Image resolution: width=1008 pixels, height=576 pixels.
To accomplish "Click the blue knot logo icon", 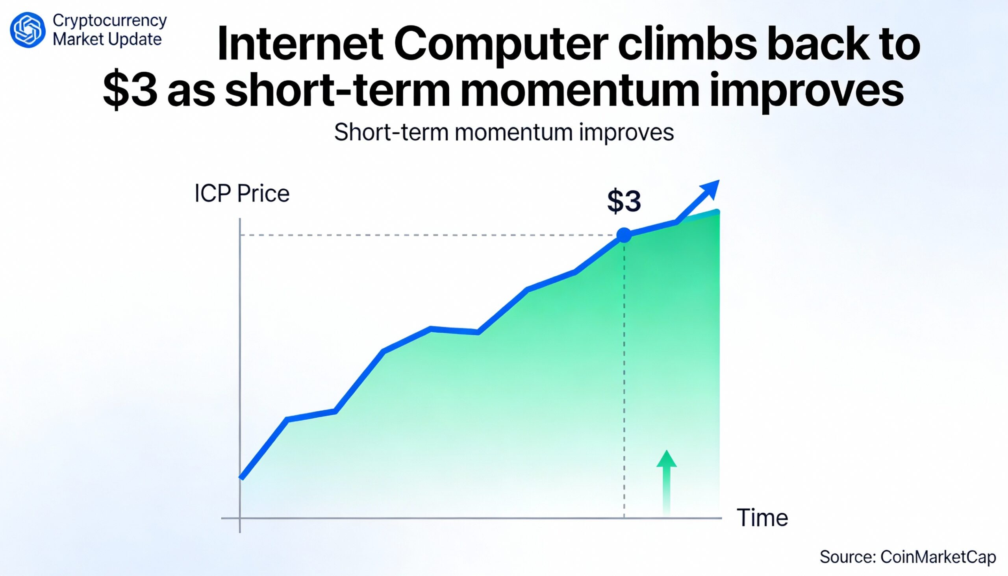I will [28, 30].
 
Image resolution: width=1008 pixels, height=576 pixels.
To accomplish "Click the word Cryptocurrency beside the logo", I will [109, 20].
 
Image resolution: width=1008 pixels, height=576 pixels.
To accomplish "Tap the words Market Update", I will [107, 39].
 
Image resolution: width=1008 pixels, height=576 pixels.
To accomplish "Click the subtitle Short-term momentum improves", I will [504, 132].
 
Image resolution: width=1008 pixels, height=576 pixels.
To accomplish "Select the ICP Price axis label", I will [242, 194].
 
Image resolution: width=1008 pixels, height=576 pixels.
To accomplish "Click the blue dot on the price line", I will [624, 235].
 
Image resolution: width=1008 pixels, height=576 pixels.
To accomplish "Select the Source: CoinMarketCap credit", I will [908, 557].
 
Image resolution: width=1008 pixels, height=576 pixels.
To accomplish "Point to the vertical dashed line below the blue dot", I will [624, 376].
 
